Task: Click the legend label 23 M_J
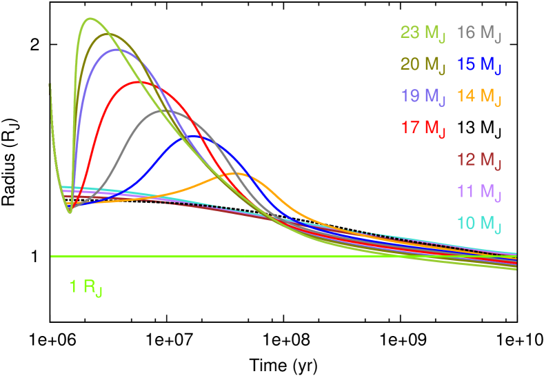423,33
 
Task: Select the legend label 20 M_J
423,65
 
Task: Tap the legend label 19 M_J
423,96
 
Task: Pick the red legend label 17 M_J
423,128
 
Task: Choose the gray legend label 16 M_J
479,33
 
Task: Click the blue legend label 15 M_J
479,65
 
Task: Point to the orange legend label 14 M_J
479,96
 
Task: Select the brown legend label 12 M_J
479,161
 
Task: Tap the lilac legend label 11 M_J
479,192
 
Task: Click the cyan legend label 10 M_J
479,224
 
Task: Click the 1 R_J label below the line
85,288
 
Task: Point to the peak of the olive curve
109,33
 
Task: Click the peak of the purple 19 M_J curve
117,49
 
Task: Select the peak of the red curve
139,81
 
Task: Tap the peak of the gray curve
170,110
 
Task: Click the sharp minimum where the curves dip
70,212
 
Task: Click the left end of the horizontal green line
52,257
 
